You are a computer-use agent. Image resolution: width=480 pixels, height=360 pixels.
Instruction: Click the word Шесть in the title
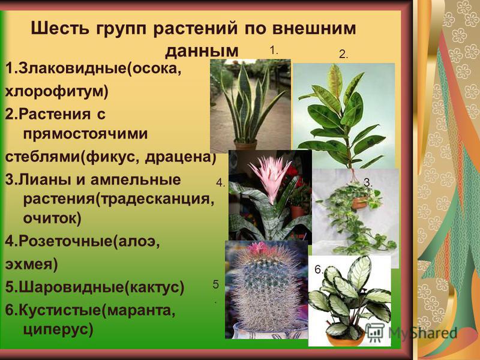60,28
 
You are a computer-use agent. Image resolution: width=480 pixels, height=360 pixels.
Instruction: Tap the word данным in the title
202,51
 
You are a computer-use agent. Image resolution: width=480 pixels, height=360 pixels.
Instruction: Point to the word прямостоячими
85,133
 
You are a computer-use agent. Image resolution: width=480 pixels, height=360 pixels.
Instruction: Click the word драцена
178,157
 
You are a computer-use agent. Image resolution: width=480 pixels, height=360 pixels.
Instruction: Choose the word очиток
50,218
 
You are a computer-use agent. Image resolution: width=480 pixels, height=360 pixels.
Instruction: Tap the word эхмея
29,264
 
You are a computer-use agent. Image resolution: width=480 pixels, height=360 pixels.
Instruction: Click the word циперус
55,329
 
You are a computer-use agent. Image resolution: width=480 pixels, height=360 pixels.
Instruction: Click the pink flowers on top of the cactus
260,248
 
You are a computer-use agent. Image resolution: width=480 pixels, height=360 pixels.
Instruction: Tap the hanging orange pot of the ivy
361,202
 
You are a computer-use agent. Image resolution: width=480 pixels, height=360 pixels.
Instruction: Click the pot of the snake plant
245,145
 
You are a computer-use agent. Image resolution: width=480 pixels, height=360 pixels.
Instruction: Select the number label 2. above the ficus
343,55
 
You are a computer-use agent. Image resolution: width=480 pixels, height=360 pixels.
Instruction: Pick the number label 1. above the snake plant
274,50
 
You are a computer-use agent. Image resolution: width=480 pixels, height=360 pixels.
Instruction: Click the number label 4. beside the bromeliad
220,183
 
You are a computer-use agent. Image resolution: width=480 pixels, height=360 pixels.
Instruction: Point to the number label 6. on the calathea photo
319,269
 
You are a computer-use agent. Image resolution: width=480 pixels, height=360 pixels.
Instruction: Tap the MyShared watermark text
423,333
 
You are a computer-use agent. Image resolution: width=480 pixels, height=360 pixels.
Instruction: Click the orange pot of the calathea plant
345,339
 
